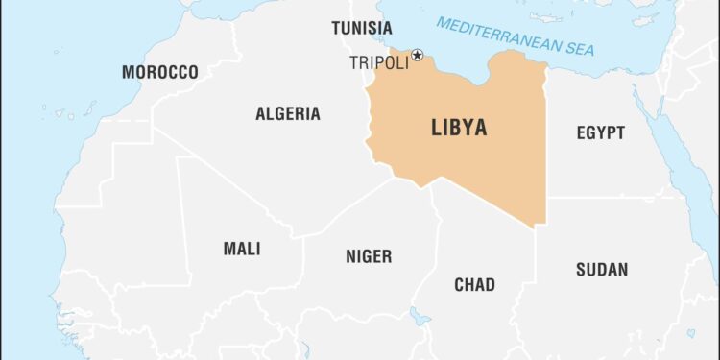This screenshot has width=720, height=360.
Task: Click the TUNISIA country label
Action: tap(362, 28)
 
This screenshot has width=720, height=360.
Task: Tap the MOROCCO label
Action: tap(160, 73)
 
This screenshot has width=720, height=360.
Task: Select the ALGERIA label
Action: tap(288, 114)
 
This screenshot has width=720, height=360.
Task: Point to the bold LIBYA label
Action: tap(459, 129)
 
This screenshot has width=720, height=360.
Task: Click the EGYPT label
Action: tap(601, 133)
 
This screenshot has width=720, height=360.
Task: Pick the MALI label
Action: tap(242, 250)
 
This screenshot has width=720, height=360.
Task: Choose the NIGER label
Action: tap(369, 256)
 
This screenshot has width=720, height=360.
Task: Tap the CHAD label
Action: tap(474, 284)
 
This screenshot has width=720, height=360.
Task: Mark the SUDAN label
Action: tap(602, 270)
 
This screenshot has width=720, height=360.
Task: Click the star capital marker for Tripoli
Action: tap(417, 57)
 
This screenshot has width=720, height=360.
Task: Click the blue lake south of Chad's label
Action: tap(420, 316)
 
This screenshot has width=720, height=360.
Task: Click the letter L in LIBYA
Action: tap(437, 129)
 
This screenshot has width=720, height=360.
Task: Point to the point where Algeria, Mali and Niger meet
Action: tap(303, 237)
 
